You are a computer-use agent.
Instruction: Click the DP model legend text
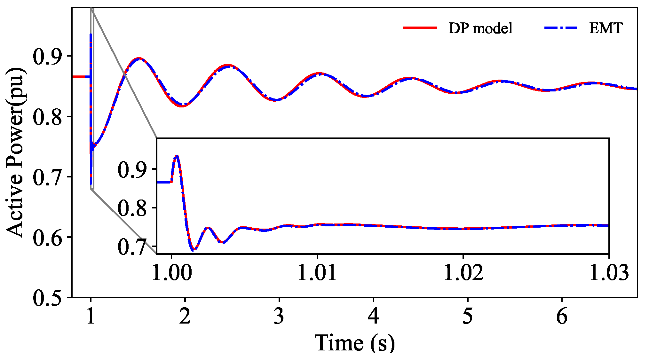click(x=480, y=28)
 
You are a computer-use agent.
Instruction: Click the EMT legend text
click(x=605, y=28)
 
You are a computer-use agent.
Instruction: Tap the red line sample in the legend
click(x=420, y=28)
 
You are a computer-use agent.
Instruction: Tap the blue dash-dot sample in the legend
click(x=560, y=28)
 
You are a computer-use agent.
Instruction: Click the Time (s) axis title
click(x=354, y=343)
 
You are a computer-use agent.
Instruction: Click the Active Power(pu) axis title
click(x=15, y=152)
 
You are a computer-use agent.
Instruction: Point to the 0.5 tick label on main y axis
click(x=47, y=298)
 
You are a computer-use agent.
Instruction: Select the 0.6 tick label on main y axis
click(x=47, y=238)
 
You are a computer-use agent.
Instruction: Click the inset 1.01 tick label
click(x=317, y=272)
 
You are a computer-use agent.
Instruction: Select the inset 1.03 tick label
click(x=609, y=272)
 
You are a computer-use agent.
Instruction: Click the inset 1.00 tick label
click(x=171, y=272)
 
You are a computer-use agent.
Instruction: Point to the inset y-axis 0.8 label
click(x=132, y=208)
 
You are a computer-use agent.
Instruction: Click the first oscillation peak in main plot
click(x=139, y=59)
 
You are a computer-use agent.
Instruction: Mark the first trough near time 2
click(x=182, y=106)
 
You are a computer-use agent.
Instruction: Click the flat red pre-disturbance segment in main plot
click(x=81, y=76)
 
